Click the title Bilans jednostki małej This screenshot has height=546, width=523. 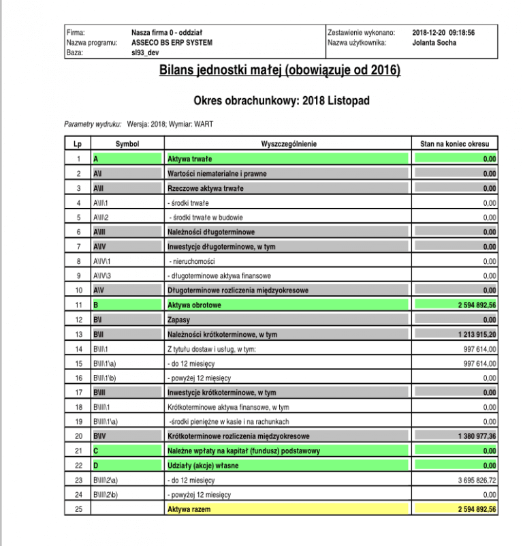[279, 70]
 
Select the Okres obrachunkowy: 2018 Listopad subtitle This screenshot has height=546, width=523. [281, 100]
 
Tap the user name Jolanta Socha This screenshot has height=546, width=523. [434, 42]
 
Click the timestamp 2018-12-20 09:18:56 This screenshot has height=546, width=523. [443, 32]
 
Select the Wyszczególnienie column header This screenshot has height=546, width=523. [288, 144]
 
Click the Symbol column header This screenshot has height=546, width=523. [127, 144]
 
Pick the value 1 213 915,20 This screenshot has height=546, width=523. [470, 334]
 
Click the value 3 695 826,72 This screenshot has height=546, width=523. [471, 480]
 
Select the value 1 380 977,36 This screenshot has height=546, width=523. [470, 436]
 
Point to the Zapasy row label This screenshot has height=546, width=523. [179, 319]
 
